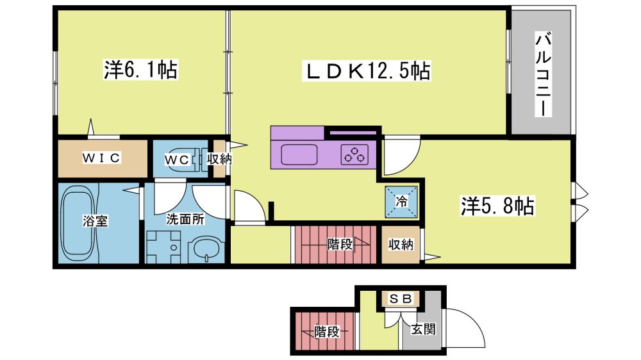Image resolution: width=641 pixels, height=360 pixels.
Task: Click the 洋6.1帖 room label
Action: pyautogui.click(x=140, y=70)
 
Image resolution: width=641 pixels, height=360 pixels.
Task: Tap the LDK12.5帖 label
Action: pyautogui.click(x=367, y=70)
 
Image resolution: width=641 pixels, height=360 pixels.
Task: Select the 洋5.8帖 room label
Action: pyautogui.click(x=497, y=206)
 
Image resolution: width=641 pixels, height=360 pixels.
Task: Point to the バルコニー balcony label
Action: pyautogui.click(x=544, y=75)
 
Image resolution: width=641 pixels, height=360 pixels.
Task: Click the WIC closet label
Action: pyautogui.click(x=101, y=158)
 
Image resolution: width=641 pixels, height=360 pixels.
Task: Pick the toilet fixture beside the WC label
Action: pyautogui.click(x=200, y=160)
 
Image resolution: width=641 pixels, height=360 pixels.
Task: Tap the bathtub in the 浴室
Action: pyautogui.click(x=78, y=224)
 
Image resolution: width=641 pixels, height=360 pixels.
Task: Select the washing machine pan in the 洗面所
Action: pyautogui.click(x=163, y=247)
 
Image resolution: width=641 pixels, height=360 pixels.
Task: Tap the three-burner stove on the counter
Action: pyautogui.click(x=354, y=155)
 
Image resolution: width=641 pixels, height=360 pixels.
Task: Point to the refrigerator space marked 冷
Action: pyautogui.click(x=401, y=201)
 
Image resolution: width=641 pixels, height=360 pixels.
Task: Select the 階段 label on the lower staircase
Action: pyautogui.click(x=327, y=331)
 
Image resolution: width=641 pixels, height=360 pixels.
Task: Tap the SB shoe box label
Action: pyautogui.click(x=400, y=299)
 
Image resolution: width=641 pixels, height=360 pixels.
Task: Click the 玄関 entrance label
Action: pyautogui.click(x=423, y=329)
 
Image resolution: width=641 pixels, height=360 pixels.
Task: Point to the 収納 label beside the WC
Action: pyautogui.click(x=219, y=159)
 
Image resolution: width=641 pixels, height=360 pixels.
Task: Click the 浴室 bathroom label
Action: pyautogui.click(x=96, y=221)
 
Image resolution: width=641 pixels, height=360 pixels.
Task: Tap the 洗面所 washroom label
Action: pyautogui.click(x=185, y=219)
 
